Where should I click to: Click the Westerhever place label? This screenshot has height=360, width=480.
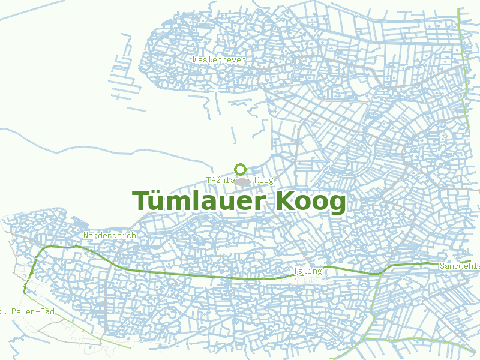pyautogui.click(x=220, y=59)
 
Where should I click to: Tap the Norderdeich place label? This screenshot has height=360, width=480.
pyautogui.click(x=110, y=235)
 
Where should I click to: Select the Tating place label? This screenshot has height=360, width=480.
pyautogui.click(x=308, y=271)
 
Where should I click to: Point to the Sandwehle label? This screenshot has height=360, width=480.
pyautogui.click(x=460, y=266)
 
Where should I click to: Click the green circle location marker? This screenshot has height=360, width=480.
pyautogui.click(x=241, y=169)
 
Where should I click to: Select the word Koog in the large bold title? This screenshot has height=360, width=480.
pyautogui.click(x=311, y=202)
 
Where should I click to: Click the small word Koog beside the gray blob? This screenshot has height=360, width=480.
pyautogui.click(x=263, y=180)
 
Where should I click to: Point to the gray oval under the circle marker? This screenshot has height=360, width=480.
pyautogui.click(x=241, y=181)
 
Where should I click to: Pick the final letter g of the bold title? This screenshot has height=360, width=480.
pyautogui.click(x=338, y=204)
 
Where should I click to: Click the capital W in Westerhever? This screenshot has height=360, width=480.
pyautogui.click(x=196, y=59)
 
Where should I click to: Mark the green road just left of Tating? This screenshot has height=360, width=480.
pyautogui.click(x=264, y=278)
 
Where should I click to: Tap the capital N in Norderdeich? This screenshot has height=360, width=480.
pyautogui.click(x=86, y=235)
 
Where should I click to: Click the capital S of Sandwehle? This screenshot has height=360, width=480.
pyautogui.click(x=442, y=266)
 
